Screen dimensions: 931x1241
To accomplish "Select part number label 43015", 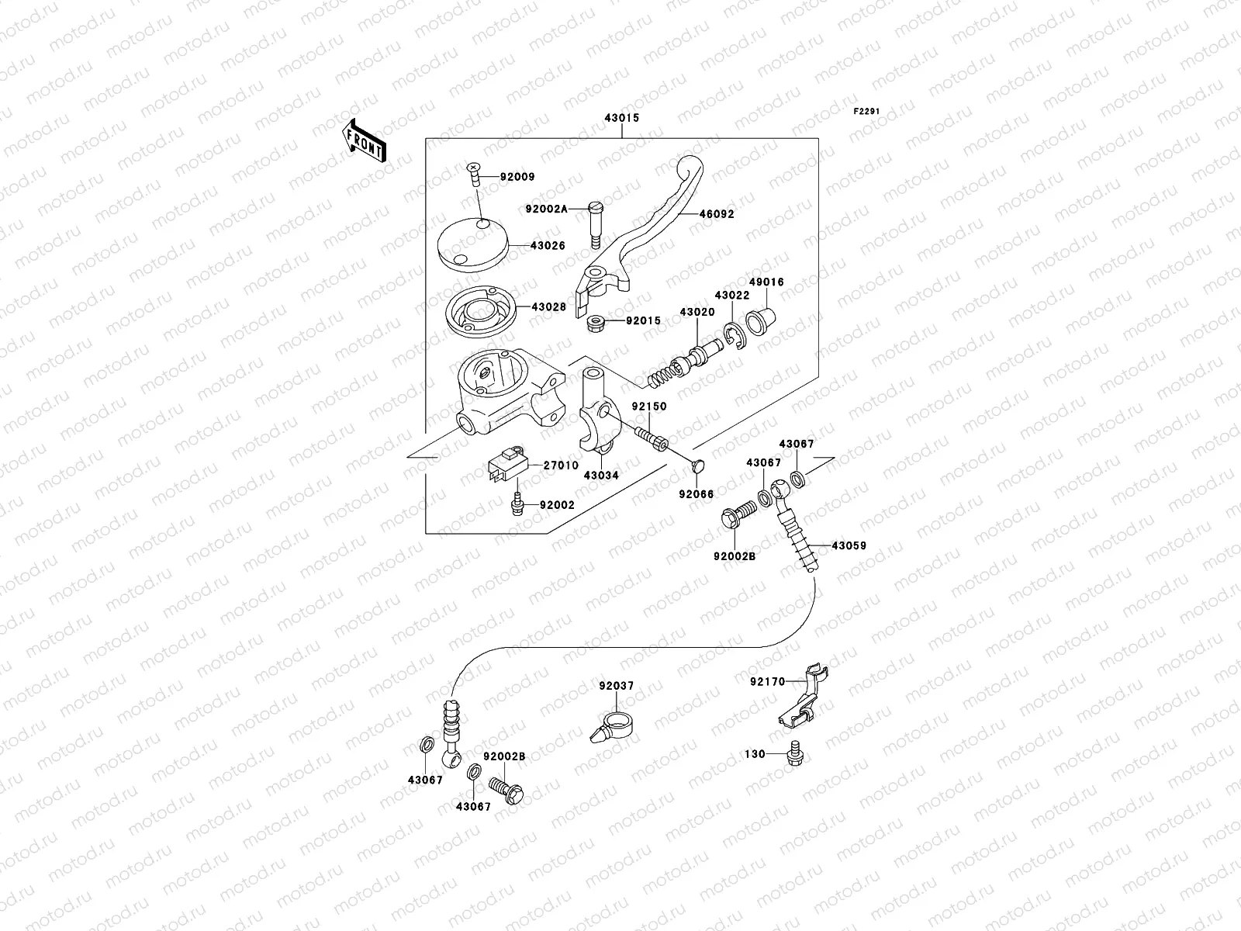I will click(x=622, y=119).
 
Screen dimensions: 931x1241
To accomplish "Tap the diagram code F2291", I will click(x=867, y=112).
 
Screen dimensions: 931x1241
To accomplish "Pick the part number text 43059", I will click(x=849, y=545).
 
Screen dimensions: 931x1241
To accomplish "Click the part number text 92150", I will click(x=648, y=406).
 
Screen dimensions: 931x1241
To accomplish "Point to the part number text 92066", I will click(x=696, y=494).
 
